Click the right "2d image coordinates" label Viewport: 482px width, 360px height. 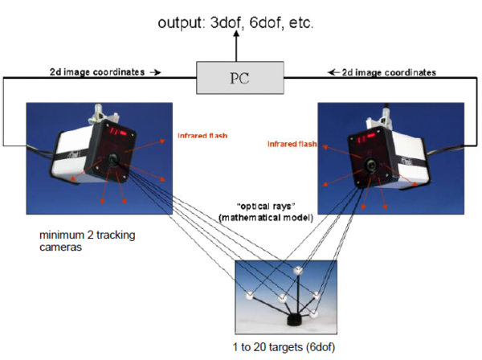pos(386,72)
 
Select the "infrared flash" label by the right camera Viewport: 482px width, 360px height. pos(290,145)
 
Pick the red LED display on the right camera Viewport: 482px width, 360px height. pos(361,138)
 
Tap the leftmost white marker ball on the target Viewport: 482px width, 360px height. pos(250,294)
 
